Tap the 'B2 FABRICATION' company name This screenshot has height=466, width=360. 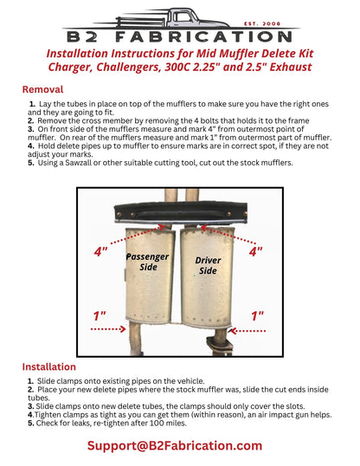coord(180,37)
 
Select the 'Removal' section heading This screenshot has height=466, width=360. coord(42,89)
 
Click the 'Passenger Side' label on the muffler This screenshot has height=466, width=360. coord(148,262)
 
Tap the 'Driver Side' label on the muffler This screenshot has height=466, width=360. coord(208,265)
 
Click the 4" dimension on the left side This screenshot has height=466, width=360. coord(101,252)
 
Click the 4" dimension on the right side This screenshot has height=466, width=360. coord(256,252)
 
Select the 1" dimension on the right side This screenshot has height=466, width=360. coord(257,316)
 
